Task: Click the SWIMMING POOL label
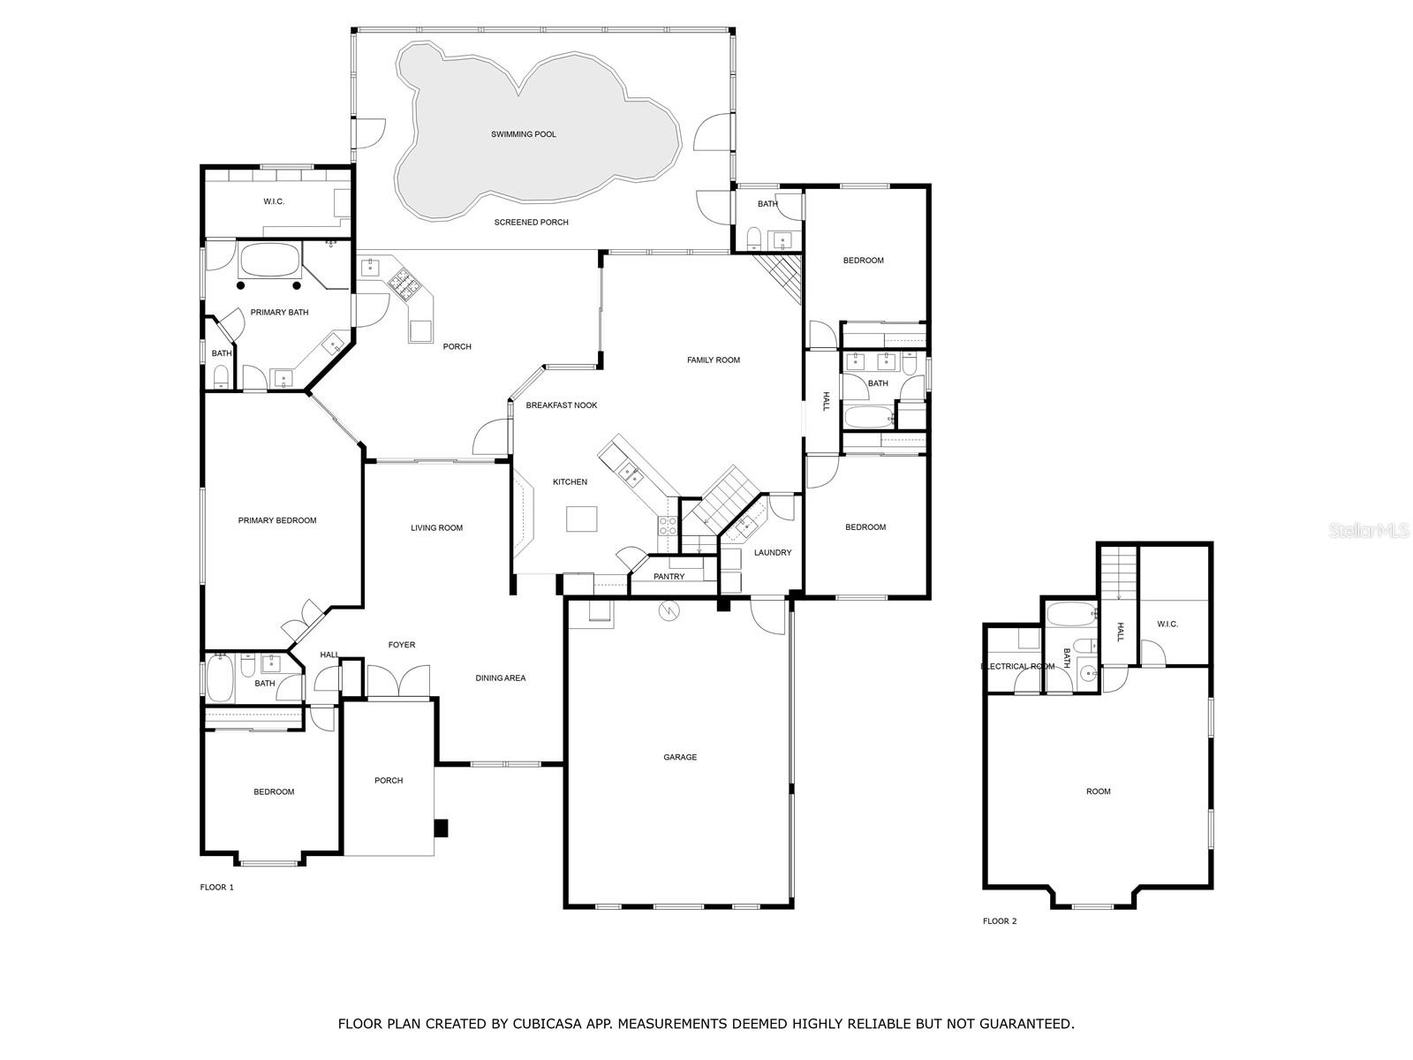pyautogui.click(x=524, y=134)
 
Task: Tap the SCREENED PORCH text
pyautogui.click(x=531, y=223)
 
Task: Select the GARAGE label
pyautogui.click(x=680, y=758)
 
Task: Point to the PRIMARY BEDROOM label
pyautogui.click(x=276, y=520)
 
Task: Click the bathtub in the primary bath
pyautogui.click(x=269, y=260)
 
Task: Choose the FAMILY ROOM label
pyautogui.click(x=714, y=360)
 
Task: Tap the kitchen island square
pyautogui.click(x=581, y=519)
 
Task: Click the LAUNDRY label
pyautogui.click(x=773, y=553)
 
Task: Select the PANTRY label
pyautogui.click(x=669, y=577)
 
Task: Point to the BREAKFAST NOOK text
pyautogui.click(x=562, y=405)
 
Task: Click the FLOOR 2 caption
pyautogui.click(x=1000, y=921)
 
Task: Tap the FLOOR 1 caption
pyautogui.click(x=217, y=888)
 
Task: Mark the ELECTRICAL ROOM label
pyautogui.click(x=1017, y=667)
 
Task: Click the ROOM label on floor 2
pyautogui.click(x=1099, y=791)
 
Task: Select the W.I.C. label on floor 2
pyautogui.click(x=1167, y=625)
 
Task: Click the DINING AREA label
pyautogui.click(x=500, y=678)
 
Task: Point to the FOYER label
pyautogui.click(x=402, y=645)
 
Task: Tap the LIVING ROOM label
pyautogui.click(x=436, y=528)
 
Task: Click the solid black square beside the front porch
pyautogui.click(x=441, y=829)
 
